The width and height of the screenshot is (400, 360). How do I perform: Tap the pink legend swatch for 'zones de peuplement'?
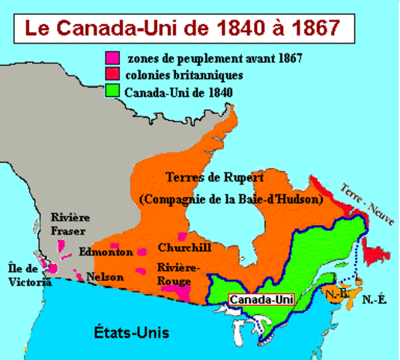coord(113,57)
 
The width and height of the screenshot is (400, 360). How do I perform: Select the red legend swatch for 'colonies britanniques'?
coord(113,75)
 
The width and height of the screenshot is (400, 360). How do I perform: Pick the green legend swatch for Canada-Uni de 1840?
coord(113,92)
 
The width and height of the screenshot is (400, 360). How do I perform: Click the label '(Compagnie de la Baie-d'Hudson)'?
coord(231,200)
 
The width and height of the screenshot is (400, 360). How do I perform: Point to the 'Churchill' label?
coord(184,247)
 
